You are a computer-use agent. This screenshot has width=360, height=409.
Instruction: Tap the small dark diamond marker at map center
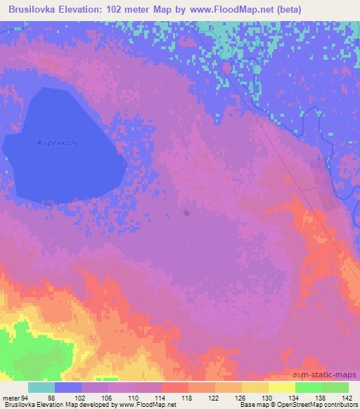186,212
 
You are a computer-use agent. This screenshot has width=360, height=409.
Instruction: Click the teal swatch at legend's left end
41,387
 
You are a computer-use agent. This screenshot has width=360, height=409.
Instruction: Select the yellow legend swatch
281,387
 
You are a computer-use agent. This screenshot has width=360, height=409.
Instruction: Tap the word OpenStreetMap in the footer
309,405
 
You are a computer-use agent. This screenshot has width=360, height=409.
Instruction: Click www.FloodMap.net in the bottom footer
145,405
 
